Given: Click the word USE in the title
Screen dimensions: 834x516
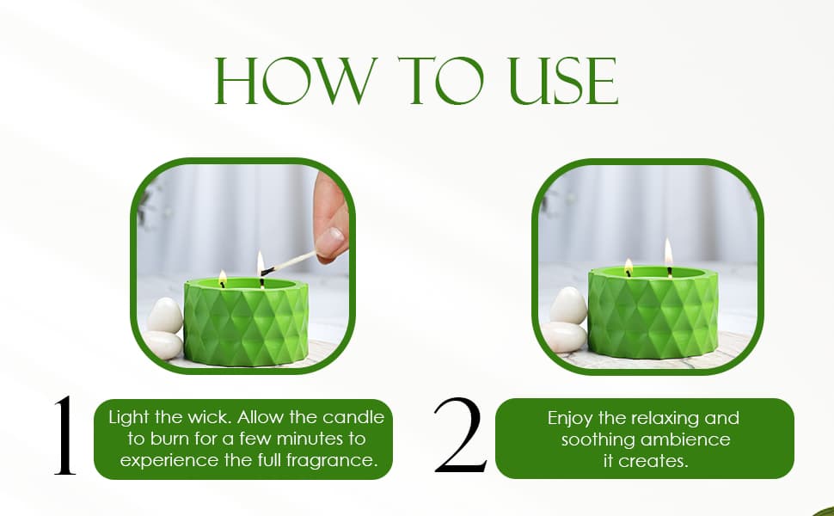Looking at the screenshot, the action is click(x=563, y=81).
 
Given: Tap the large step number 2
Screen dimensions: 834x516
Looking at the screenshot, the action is click(x=460, y=434).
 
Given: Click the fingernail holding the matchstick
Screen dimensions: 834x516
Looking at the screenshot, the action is click(x=331, y=236).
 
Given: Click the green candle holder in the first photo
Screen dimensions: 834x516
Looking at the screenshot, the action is click(x=246, y=322).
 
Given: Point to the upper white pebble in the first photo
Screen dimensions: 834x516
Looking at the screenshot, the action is click(x=164, y=316).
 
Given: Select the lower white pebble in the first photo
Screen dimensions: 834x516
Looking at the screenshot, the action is click(x=163, y=345).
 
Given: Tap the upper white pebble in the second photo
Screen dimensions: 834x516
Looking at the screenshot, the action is click(x=568, y=304).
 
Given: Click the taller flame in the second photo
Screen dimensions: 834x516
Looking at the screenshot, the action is click(x=669, y=252).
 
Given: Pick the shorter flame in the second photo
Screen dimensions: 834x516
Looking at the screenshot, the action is click(x=629, y=266).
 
